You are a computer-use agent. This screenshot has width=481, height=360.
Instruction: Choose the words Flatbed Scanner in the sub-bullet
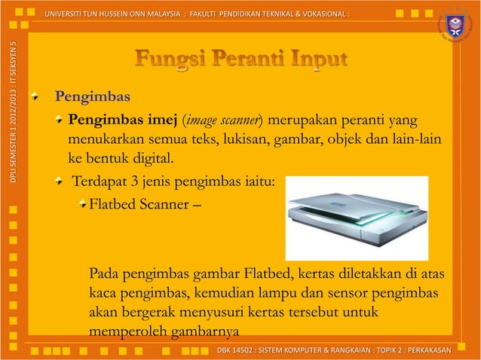pos(139,203)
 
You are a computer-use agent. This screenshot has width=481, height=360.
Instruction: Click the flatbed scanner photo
pos(357,218)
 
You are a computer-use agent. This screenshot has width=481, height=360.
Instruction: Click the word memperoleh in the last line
pos(121,331)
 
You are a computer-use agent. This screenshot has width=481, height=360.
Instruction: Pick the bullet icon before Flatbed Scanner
pos(82,203)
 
